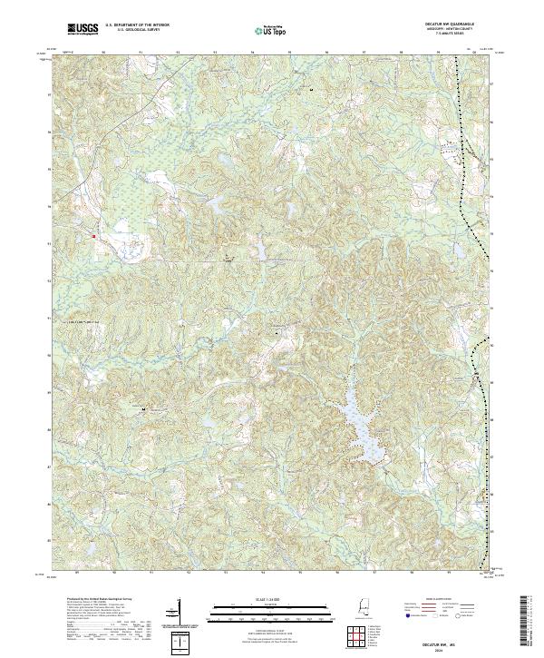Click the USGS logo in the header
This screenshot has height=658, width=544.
(83, 30)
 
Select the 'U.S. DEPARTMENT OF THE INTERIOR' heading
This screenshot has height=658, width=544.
(137, 26)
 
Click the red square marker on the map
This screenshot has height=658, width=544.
(93, 237)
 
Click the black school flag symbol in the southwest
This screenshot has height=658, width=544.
(144, 410)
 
